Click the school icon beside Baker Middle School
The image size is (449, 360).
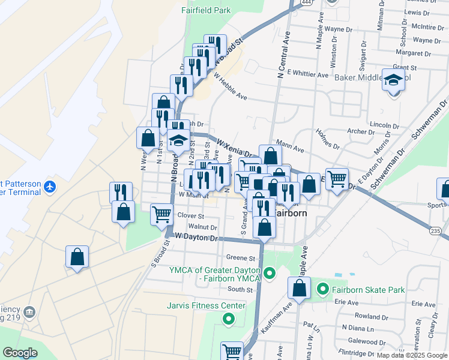(x=393, y=79)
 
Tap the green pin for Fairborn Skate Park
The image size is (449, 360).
(x=323, y=290)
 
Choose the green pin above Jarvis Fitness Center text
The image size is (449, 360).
(x=228, y=319)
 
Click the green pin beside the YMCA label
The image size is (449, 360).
(x=270, y=274)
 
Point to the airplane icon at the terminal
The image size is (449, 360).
(x=49, y=187)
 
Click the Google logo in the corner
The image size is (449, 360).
(x=20, y=353)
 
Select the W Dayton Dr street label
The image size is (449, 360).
(x=196, y=238)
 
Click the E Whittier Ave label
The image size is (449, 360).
(x=307, y=74)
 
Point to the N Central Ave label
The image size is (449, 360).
(x=283, y=53)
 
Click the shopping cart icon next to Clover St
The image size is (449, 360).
(x=161, y=214)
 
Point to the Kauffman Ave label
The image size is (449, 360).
(x=273, y=319)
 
